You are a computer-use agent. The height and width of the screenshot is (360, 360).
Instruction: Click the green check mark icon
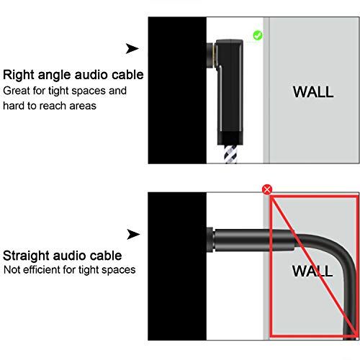pyautogui.click(x=258, y=35)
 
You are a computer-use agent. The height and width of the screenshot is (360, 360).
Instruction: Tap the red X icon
pyautogui.click(x=268, y=189)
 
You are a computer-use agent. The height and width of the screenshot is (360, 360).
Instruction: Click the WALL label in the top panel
pyautogui.click(x=312, y=91)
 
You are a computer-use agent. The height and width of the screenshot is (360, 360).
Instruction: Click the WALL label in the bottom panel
pyautogui.click(x=312, y=271)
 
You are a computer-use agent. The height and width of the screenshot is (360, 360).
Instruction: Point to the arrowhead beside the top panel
pyautogui.click(x=132, y=48)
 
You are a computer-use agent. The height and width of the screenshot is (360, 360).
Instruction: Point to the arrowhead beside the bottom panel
pyautogui.click(x=132, y=234)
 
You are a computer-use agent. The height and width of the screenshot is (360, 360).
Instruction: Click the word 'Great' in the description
pyautogui.click(x=19, y=91)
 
